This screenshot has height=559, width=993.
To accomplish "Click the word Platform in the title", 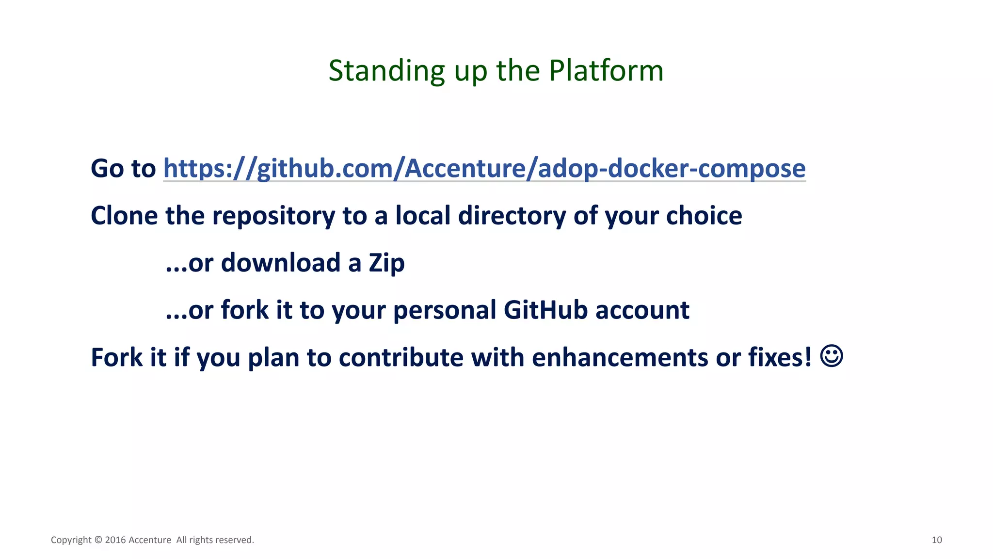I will [x=606, y=71].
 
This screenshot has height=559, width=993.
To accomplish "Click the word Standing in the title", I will [x=386, y=71].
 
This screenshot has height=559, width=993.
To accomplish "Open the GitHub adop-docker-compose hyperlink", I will [x=484, y=168].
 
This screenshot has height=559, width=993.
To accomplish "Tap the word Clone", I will [x=124, y=215].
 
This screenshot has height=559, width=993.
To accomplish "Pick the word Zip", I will [x=386, y=263].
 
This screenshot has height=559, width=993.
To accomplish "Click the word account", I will [x=642, y=310].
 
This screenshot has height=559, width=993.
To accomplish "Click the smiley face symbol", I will [x=832, y=356].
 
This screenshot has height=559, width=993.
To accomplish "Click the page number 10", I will [x=937, y=540].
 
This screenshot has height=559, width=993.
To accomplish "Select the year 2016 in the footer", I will [x=115, y=540].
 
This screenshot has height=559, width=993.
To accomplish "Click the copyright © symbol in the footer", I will [x=98, y=540].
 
